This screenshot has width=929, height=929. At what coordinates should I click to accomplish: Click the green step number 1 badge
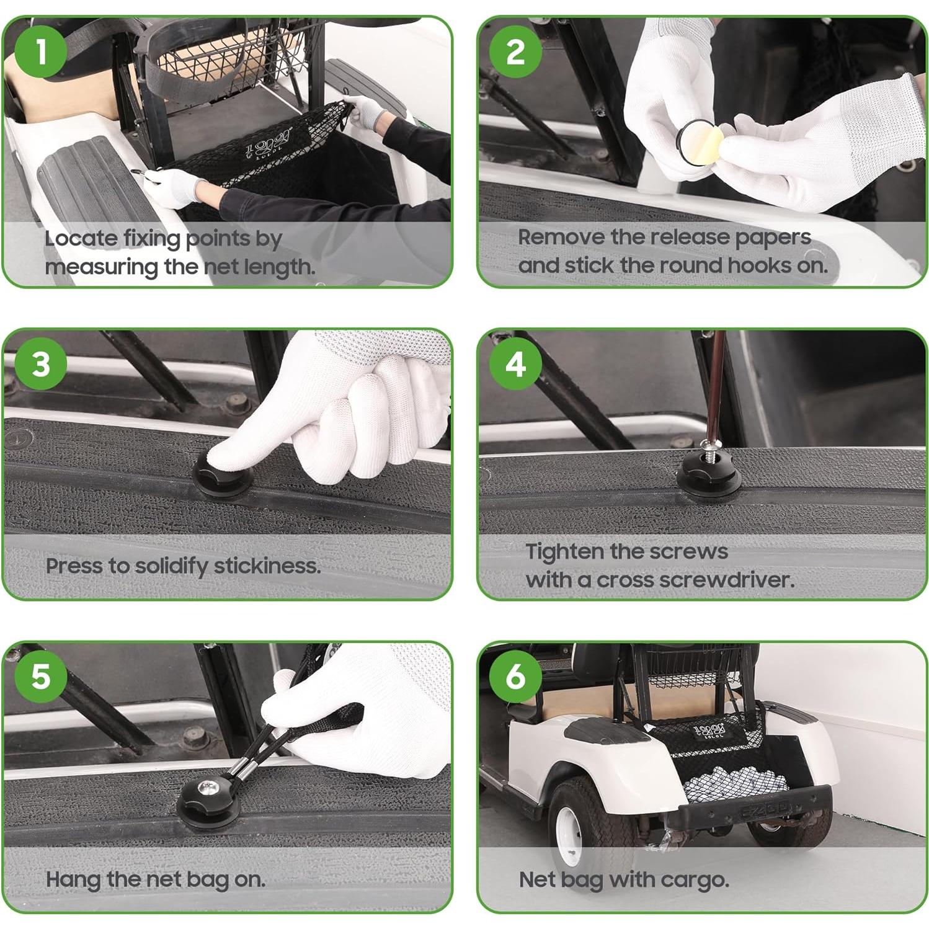click(x=41, y=51)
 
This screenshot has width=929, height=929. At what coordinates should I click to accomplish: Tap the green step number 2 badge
click(x=515, y=51)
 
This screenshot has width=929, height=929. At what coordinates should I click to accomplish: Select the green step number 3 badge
click(x=41, y=364)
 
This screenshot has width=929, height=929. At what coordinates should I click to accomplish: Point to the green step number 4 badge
click(x=515, y=364)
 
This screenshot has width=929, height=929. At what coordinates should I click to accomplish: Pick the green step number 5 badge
click(x=41, y=676)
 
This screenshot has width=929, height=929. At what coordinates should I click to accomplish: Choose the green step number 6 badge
click(x=515, y=676)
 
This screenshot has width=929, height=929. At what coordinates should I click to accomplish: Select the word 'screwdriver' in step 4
click(x=725, y=580)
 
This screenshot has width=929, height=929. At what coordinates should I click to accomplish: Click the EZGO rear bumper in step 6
click(x=757, y=809)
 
